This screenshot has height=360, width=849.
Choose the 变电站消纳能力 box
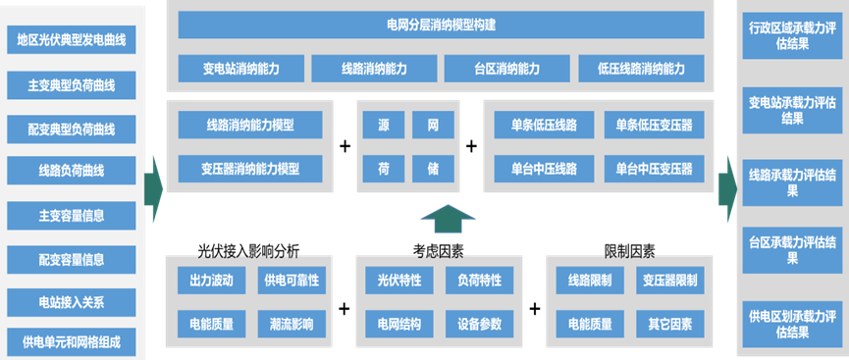pos(240,69)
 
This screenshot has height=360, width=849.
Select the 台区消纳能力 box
pos(507,69)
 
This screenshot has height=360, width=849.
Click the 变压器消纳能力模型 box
pos(249,168)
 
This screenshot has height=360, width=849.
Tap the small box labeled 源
pos(383,126)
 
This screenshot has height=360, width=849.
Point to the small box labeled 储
pos(432,168)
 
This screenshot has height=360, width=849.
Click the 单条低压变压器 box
pos(653,126)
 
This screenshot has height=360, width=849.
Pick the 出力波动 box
pos(211,281)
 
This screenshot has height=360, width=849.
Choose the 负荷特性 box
pos(478,281)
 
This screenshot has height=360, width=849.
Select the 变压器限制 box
pos(667,281)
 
